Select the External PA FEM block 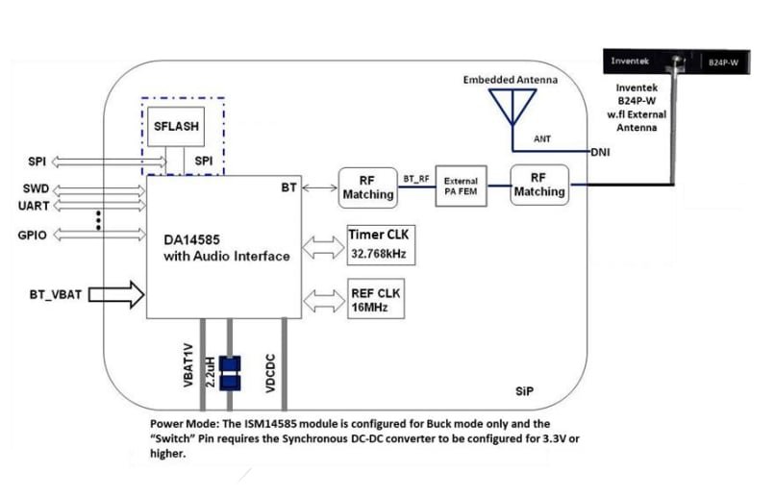[x=461, y=186]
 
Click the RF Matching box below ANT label [x=539, y=185]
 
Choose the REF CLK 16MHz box [x=376, y=299]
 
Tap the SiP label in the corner [x=524, y=394]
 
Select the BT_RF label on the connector [x=415, y=179]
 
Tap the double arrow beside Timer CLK [x=320, y=246]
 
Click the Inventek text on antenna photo [x=630, y=62]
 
